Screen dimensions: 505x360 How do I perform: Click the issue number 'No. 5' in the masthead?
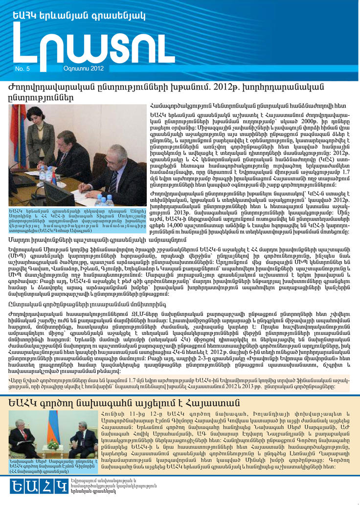pos(22,69)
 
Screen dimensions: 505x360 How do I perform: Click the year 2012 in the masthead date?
pos(96,68)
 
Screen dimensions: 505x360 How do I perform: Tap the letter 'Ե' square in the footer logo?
pos(18,486)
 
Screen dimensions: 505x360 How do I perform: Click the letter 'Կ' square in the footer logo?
pos(61,486)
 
